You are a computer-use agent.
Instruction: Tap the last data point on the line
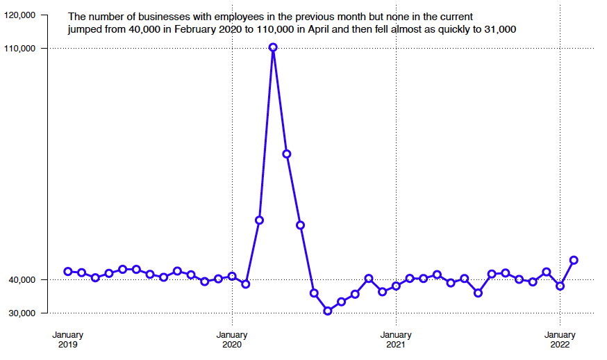(x=574, y=260)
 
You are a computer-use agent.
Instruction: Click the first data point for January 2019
(x=68, y=272)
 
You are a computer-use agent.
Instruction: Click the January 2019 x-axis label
(x=68, y=339)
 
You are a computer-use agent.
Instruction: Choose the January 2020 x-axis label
(x=232, y=339)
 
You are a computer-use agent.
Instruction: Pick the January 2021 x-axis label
(x=396, y=339)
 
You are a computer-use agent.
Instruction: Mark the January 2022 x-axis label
(x=560, y=339)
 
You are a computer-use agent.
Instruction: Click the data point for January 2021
(x=396, y=286)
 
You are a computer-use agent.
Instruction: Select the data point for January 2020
(x=232, y=277)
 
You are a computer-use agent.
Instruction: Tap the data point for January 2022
(x=560, y=286)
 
